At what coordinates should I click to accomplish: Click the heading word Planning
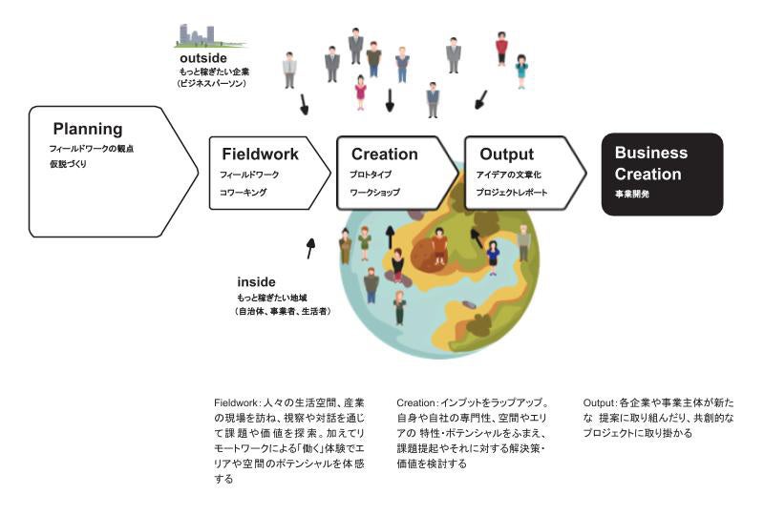click(x=88, y=129)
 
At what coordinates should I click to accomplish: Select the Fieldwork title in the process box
click(x=260, y=154)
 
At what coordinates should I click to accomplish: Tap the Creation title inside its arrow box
click(x=384, y=154)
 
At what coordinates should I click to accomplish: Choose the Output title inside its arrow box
click(x=506, y=154)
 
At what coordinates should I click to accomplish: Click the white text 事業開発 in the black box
click(x=632, y=194)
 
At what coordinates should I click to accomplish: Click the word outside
click(x=203, y=59)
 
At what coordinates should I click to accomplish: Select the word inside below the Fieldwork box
click(x=256, y=282)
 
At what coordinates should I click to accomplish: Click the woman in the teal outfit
click(x=521, y=70)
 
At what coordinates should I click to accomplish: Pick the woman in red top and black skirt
click(x=501, y=47)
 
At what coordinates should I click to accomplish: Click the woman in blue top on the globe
click(x=493, y=257)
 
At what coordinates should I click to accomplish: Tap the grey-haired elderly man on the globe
click(x=523, y=242)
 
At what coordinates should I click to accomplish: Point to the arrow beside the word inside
click(x=309, y=249)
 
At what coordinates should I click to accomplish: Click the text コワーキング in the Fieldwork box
click(x=244, y=192)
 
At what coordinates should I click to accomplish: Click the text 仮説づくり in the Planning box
click(x=71, y=166)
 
